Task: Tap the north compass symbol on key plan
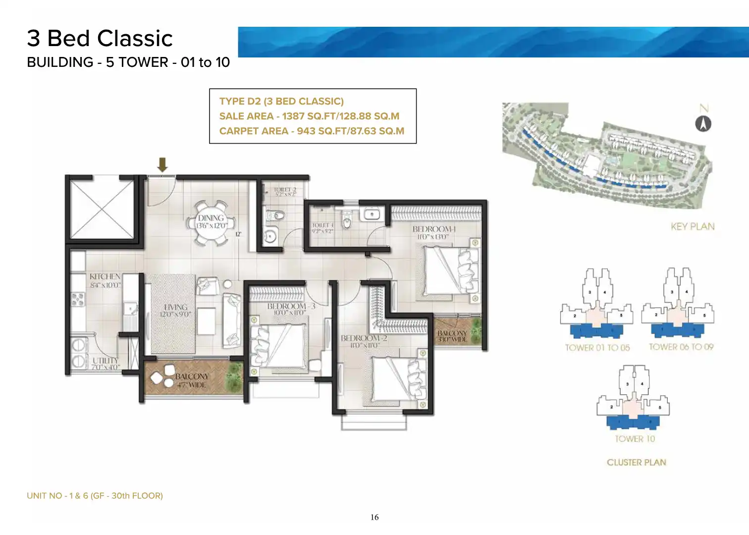click(x=703, y=123)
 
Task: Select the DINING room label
click(x=211, y=218)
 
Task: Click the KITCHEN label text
click(x=105, y=276)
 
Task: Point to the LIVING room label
click(x=175, y=307)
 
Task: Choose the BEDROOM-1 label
click(x=433, y=229)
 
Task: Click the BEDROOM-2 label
click(x=364, y=338)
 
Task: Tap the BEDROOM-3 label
click(x=291, y=306)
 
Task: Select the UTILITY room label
click(x=106, y=360)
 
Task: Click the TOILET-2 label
click(x=285, y=190)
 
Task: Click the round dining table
click(x=212, y=223)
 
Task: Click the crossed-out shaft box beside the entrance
click(x=102, y=209)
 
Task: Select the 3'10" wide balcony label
click(x=452, y=336)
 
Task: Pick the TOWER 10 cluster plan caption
click(x=635, y=439)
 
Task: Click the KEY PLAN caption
click(x=692, y=226)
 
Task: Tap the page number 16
click(x=374, y=517)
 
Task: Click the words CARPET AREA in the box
click(x=254, y=131)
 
